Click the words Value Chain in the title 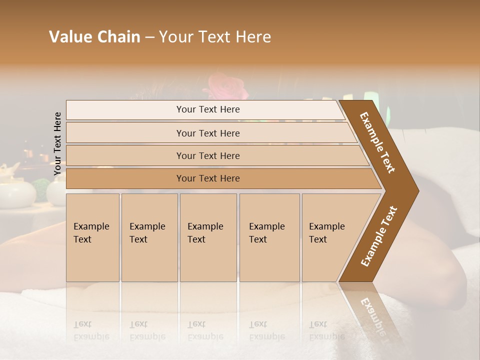click(x=94, y=37)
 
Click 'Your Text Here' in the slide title click(x=215, y=37)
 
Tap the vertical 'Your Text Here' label click(x=57, y=143)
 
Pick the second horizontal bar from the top click(x=208, y=133)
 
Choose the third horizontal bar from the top click(x=208, y=155)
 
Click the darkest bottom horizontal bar click(x=208, y=178)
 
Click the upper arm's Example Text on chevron click(x=377, y=142)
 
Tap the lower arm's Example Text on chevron click(x=379, y=236)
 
